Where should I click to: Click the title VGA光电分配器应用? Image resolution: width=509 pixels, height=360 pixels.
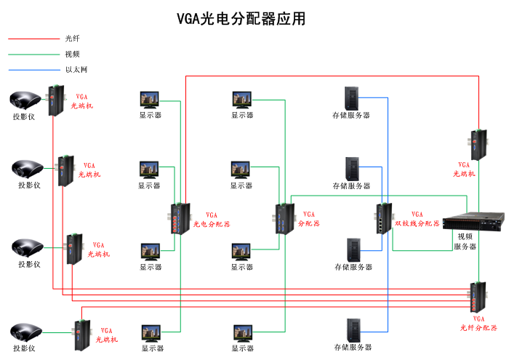(241, 19)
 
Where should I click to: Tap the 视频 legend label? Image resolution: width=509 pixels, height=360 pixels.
(72, 54)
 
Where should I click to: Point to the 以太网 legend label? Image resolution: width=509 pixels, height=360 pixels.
(76, 70)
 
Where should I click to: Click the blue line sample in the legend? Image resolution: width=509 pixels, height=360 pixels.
(33, 70)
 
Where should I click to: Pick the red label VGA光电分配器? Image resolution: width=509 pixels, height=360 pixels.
(212, 220)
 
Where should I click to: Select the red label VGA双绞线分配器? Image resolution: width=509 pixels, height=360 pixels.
(417, 219)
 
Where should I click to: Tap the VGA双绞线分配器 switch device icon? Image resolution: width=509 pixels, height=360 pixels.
(383, 217)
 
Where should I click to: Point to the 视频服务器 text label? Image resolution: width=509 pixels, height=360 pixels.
(465, 241)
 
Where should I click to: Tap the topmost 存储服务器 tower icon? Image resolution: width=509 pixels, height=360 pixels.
(351, 99)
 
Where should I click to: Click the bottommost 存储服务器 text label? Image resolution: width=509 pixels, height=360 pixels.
(353, 348)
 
